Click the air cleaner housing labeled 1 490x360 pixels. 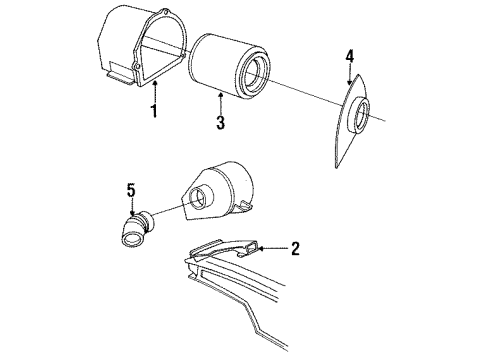[x=130, y=45]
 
